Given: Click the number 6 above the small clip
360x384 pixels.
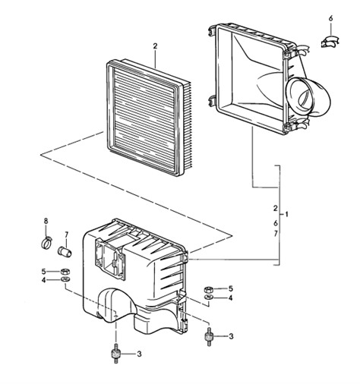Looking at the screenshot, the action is (x=330, y=18).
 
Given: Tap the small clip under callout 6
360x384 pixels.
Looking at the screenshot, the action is (x=330, y=42).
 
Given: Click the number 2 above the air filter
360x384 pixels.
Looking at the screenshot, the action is (x=155, y=46).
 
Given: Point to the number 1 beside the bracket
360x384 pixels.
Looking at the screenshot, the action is (x=286, y=215).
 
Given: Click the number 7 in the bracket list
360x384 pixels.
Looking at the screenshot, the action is (x=276, y=234).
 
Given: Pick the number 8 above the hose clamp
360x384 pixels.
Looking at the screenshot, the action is (x=46, y=221).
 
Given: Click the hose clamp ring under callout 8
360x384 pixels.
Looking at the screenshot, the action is (x=46, y=242).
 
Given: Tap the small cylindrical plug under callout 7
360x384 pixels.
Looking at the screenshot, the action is (x=65, y=251).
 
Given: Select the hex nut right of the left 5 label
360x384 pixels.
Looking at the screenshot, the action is (x=65, y=272).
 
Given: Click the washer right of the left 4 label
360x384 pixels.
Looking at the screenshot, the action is (x=65, y=280).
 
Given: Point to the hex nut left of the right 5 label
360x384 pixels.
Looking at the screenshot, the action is (x=208, y=289).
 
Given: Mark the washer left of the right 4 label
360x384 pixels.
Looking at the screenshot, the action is (x=208, y=297).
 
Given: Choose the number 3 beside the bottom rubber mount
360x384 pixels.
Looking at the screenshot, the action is (x=139, y=354).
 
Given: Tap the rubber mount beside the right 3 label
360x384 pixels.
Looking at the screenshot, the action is (x=209, y=336).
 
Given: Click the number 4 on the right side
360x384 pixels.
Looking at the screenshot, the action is (x=230, y=298).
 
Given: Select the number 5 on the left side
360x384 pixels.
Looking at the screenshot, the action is (x=43, y=272).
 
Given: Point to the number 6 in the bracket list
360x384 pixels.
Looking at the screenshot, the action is (x=276, y=223).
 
